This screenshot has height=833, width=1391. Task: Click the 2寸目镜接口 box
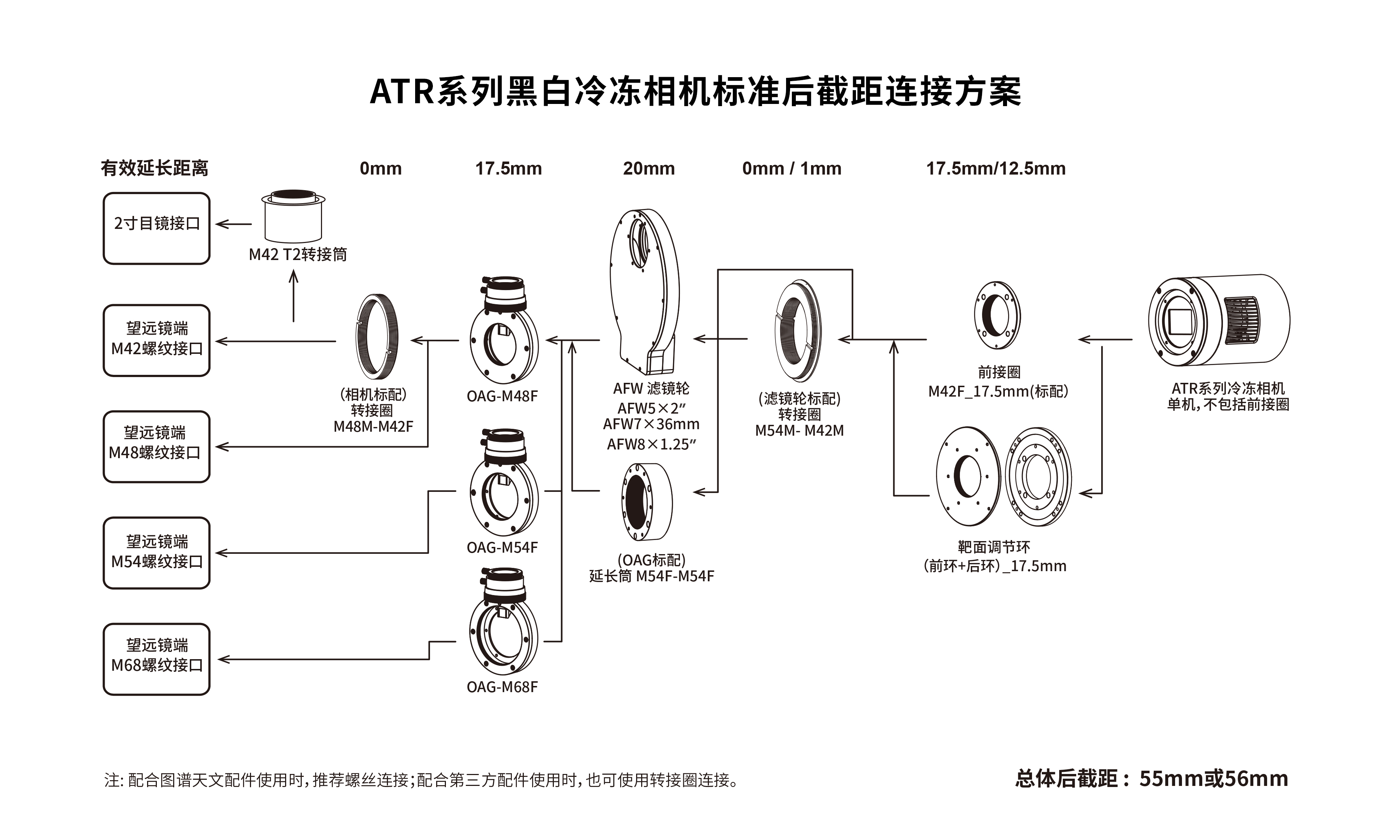point(156,229)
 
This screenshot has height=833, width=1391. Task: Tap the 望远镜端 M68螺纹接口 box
point(156,659)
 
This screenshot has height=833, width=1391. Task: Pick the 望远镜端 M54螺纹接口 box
point(156,553)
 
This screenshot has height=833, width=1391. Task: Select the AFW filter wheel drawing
point(646,292)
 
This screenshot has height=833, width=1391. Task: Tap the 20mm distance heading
point(648,168)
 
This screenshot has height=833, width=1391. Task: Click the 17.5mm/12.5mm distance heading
point(995,168)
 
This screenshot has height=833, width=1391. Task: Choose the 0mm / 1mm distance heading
point(791,168)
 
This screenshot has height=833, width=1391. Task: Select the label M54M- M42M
point(799,431)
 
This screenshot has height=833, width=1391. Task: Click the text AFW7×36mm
point(651,424)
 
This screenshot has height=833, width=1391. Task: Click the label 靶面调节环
point(994,547)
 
